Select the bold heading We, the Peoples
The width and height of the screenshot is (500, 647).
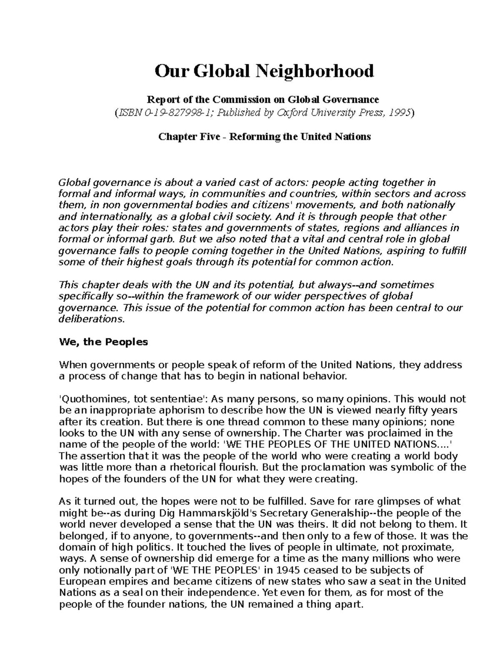point(104,342)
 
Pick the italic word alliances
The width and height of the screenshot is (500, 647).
point(426,228)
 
